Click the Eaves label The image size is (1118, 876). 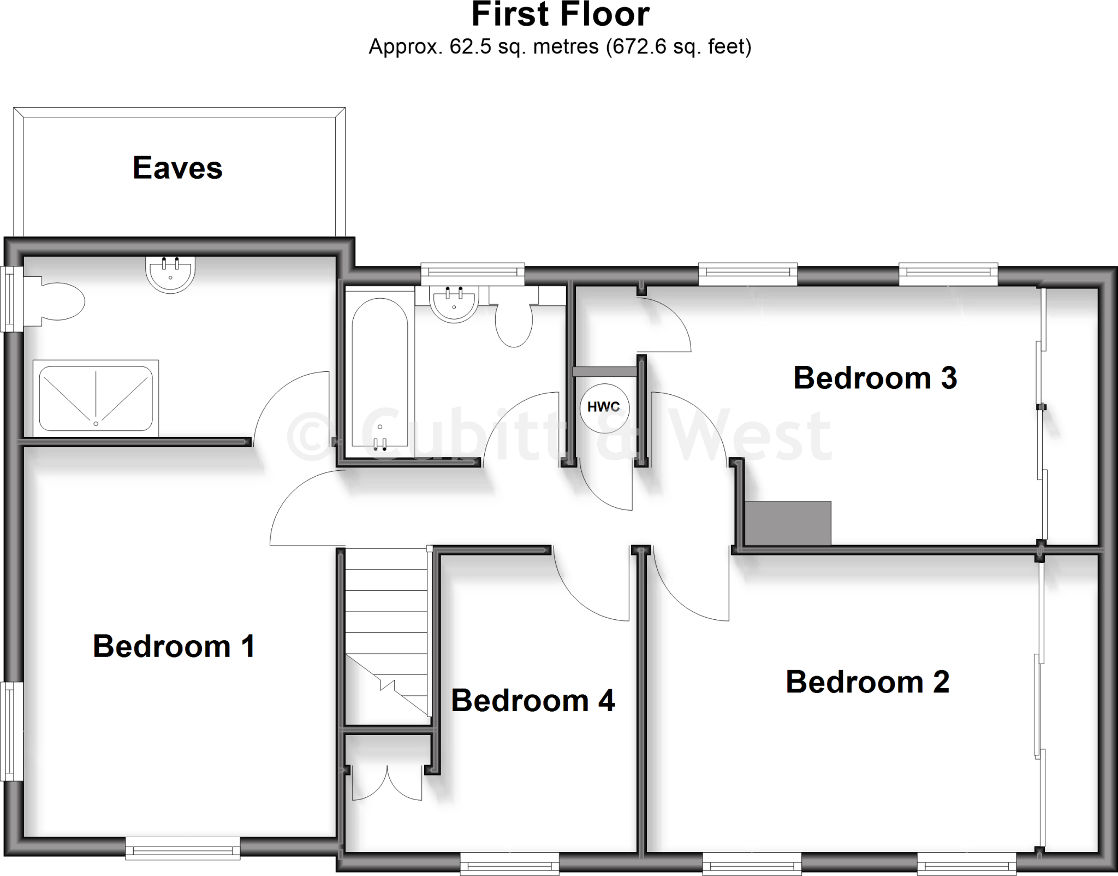(177, 168)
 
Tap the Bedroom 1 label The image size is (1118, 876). (174, 646)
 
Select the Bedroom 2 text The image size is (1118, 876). (867, 682)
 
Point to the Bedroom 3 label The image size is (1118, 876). (875, 377)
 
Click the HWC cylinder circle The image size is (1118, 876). (604, 407)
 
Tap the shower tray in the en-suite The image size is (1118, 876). (96, 398)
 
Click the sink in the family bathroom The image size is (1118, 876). (454, 304)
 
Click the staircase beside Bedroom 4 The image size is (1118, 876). (386, 634)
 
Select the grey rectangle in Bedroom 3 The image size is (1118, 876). (788, 523)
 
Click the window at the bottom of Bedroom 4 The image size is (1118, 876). (509, 863)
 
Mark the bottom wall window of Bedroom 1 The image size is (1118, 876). (182, 848)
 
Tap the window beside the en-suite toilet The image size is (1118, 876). (11, 299)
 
